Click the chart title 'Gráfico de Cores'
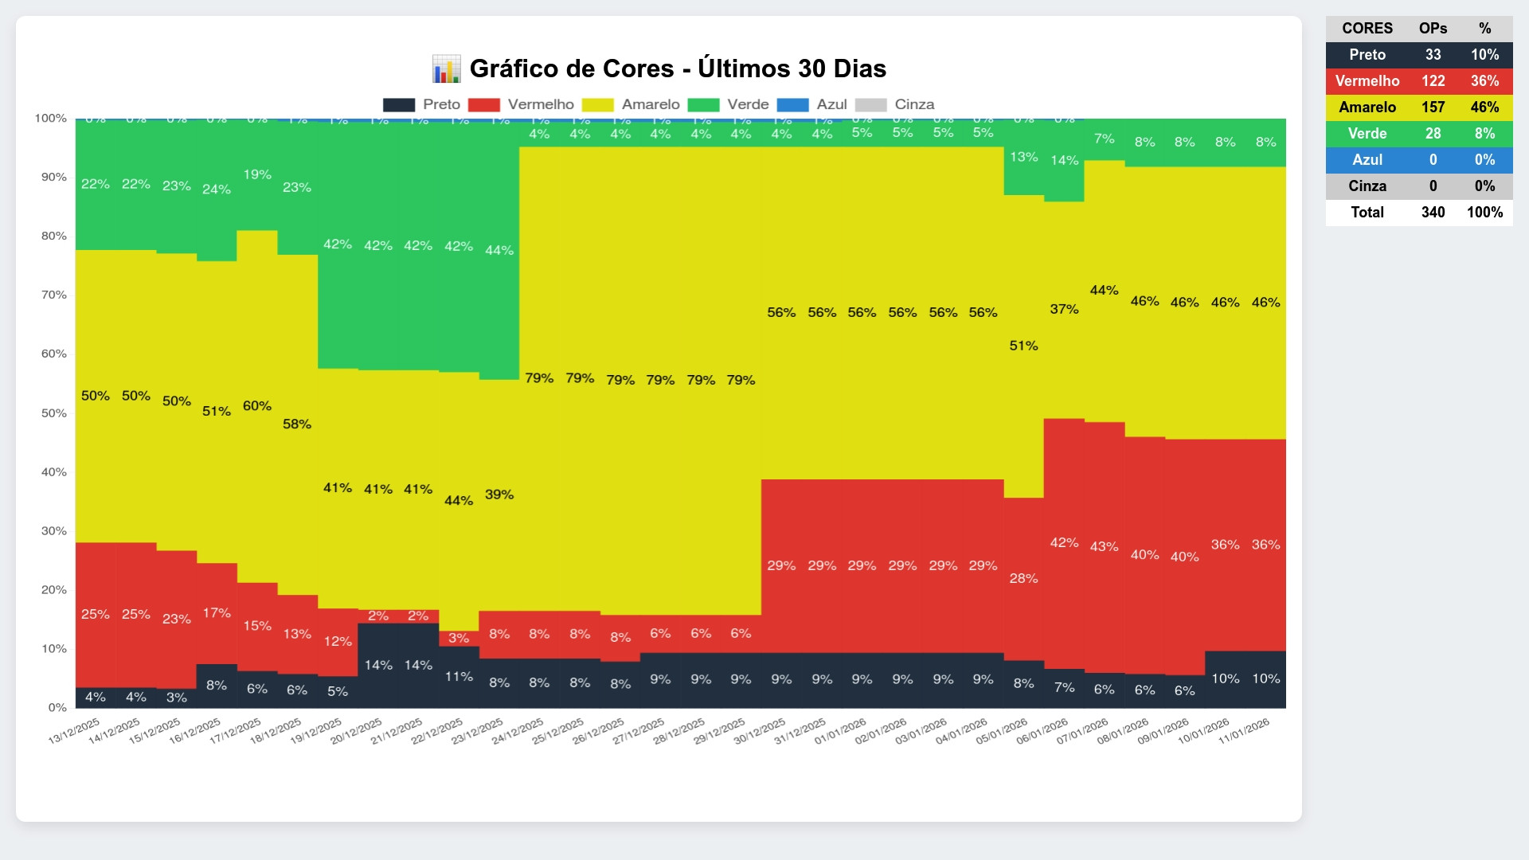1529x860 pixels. coord(677,68)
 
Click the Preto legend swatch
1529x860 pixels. coord(399,105)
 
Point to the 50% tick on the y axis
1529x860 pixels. coord(54,413)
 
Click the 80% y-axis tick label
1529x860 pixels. coord(54,236)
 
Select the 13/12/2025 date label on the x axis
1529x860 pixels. coord(74,730)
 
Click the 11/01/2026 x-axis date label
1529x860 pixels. coord(1244,730)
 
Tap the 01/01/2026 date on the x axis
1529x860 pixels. coord(840,730)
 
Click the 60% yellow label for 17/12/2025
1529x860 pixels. coord(257,406)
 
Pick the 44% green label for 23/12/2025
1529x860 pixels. coord(499,250)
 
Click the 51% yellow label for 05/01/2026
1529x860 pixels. coord(1023,346)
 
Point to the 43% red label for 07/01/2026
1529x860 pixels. coord(1104,546)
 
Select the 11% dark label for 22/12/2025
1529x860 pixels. coord(459,677)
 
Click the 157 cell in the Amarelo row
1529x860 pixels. coord(1433,107)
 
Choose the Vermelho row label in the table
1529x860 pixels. coord(1367,81)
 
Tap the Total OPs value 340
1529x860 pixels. coord(1433,213)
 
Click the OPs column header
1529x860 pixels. coord(1433,29)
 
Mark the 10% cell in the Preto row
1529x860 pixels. coord(1484,55)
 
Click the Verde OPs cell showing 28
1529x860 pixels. coord(1433,134)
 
